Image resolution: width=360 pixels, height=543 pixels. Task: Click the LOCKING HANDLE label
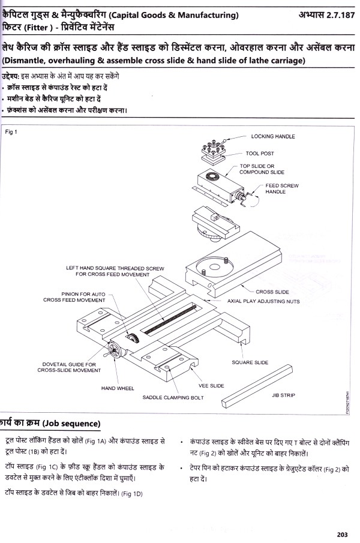click(x=272, y=136)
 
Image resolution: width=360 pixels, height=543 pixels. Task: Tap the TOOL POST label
click(x=259, y=154)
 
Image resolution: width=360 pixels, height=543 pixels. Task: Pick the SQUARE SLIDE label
click(x=250, y=362)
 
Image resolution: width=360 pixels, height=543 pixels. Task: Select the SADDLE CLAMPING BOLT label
click(x=173, y=397)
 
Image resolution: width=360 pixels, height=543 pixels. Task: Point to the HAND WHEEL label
click(x=117, y=388)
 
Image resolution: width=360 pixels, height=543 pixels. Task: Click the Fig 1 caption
click(x=12, y=131)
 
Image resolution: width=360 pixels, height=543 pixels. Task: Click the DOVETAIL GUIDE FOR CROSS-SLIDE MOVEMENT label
click(x=70, y=367)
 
